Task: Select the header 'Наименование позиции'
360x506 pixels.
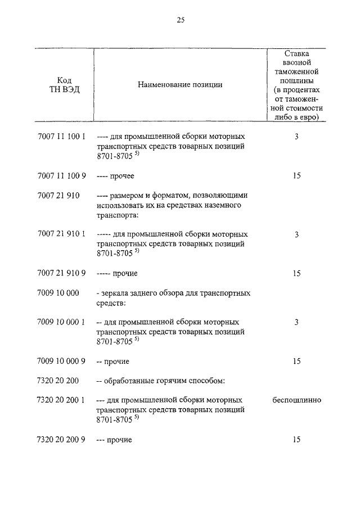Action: click(180, 85)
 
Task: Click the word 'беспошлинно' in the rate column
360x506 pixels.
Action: click(296, 400)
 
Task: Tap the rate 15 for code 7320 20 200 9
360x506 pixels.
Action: click(296, 439)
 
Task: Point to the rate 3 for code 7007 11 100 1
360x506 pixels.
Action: click(296, 137)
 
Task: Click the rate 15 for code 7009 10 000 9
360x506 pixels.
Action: click(296, 361)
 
